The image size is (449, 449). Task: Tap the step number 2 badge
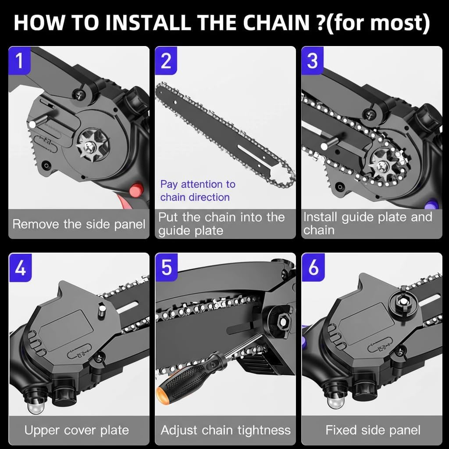(x=166, y=61)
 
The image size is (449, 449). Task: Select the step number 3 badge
(x=312, y=61)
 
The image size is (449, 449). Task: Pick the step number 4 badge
(x=20, y=267)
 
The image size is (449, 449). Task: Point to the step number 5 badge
(x=166, y=267)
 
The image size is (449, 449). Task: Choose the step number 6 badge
(x=313, y=267)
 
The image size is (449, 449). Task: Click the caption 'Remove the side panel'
(x=79, y=224)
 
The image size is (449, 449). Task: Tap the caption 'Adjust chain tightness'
(x=225, y=430)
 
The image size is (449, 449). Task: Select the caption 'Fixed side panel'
(x=373, y=430)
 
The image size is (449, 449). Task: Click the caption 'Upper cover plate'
(x=77, y=430)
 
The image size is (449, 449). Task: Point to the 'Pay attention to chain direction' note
(x=197, y=191)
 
